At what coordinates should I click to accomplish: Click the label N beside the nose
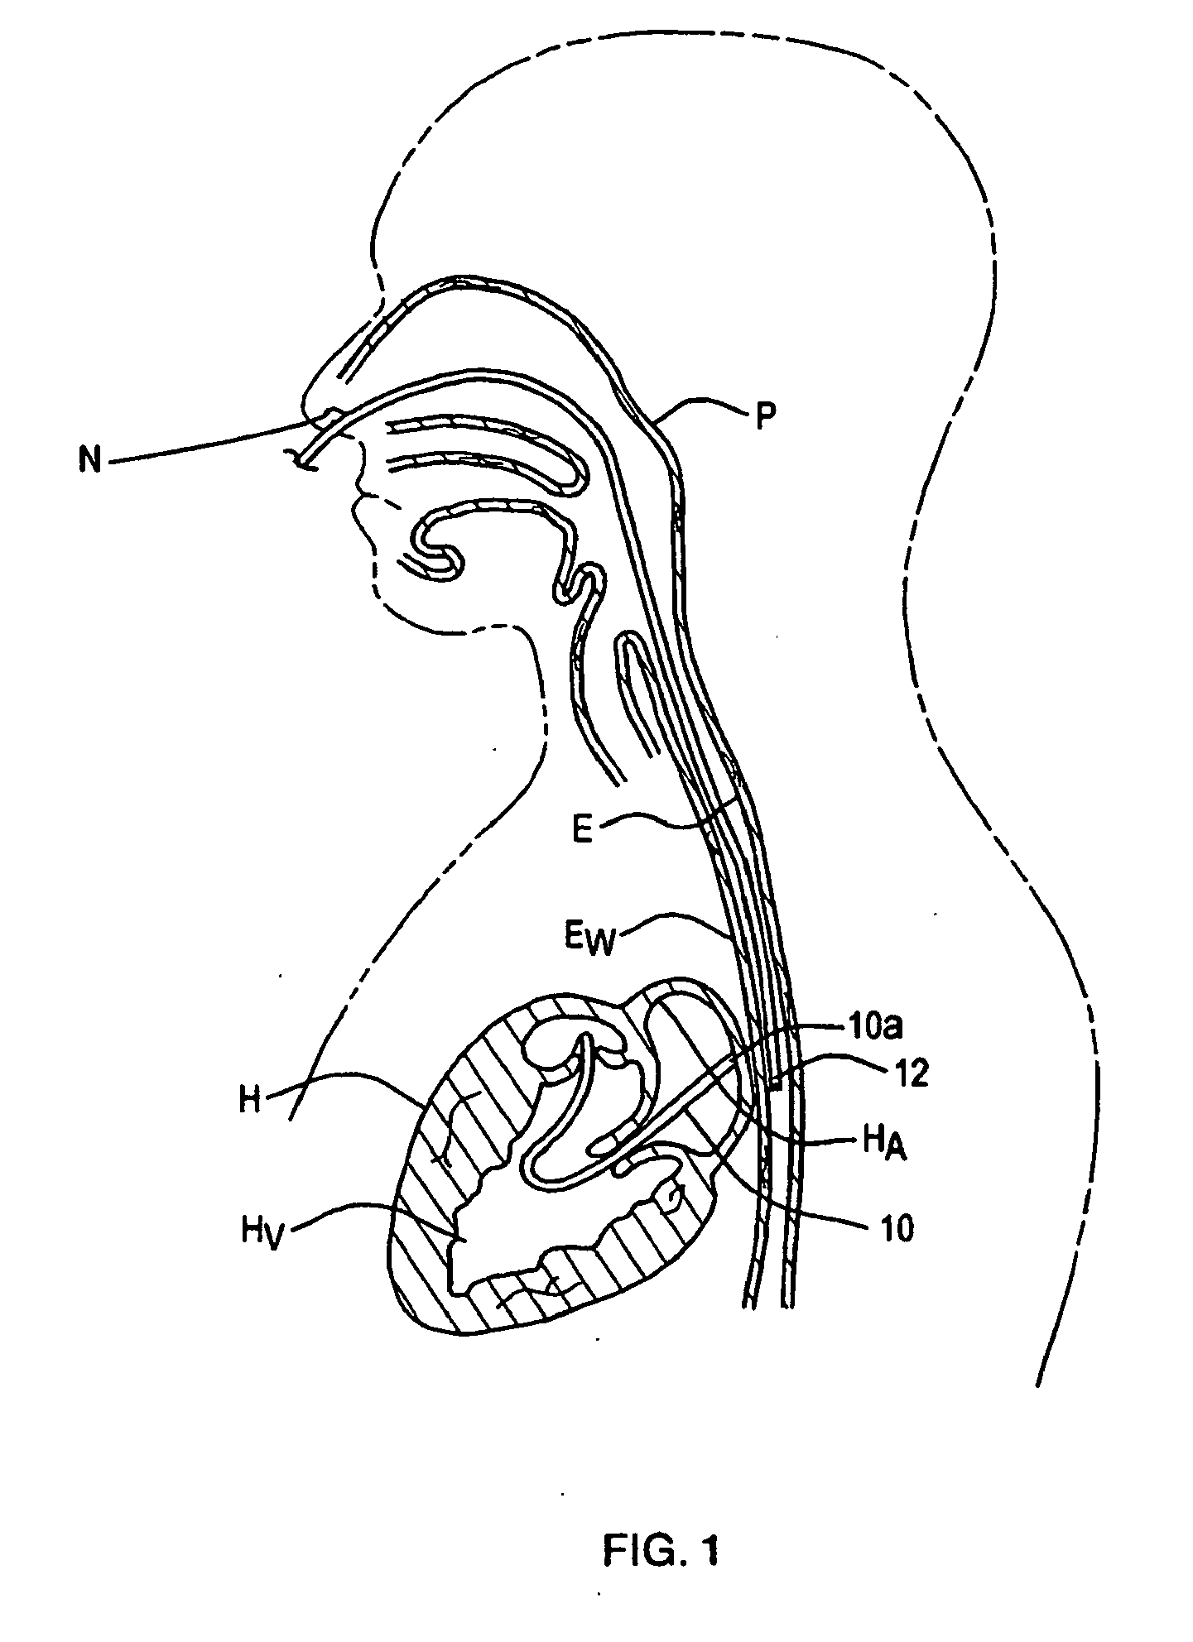(90, 459)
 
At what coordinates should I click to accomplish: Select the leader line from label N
(207, 443)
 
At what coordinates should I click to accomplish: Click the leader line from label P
(704, 405)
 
